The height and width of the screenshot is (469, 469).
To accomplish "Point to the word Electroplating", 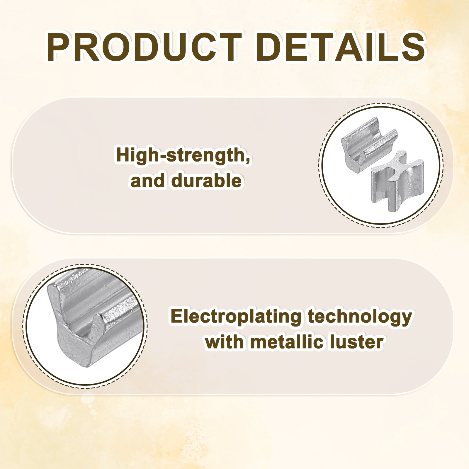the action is pos(236,317).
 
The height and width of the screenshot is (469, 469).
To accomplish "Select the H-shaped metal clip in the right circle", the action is pos(397,181).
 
